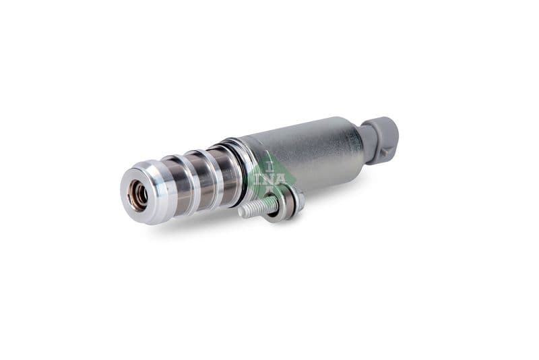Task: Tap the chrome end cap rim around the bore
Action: pyautogui.click(x=128, y=185)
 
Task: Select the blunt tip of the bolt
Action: pyautogui.click(x=241, y=212)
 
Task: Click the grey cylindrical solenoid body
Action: pyautogui.click(x=310, y=152)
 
